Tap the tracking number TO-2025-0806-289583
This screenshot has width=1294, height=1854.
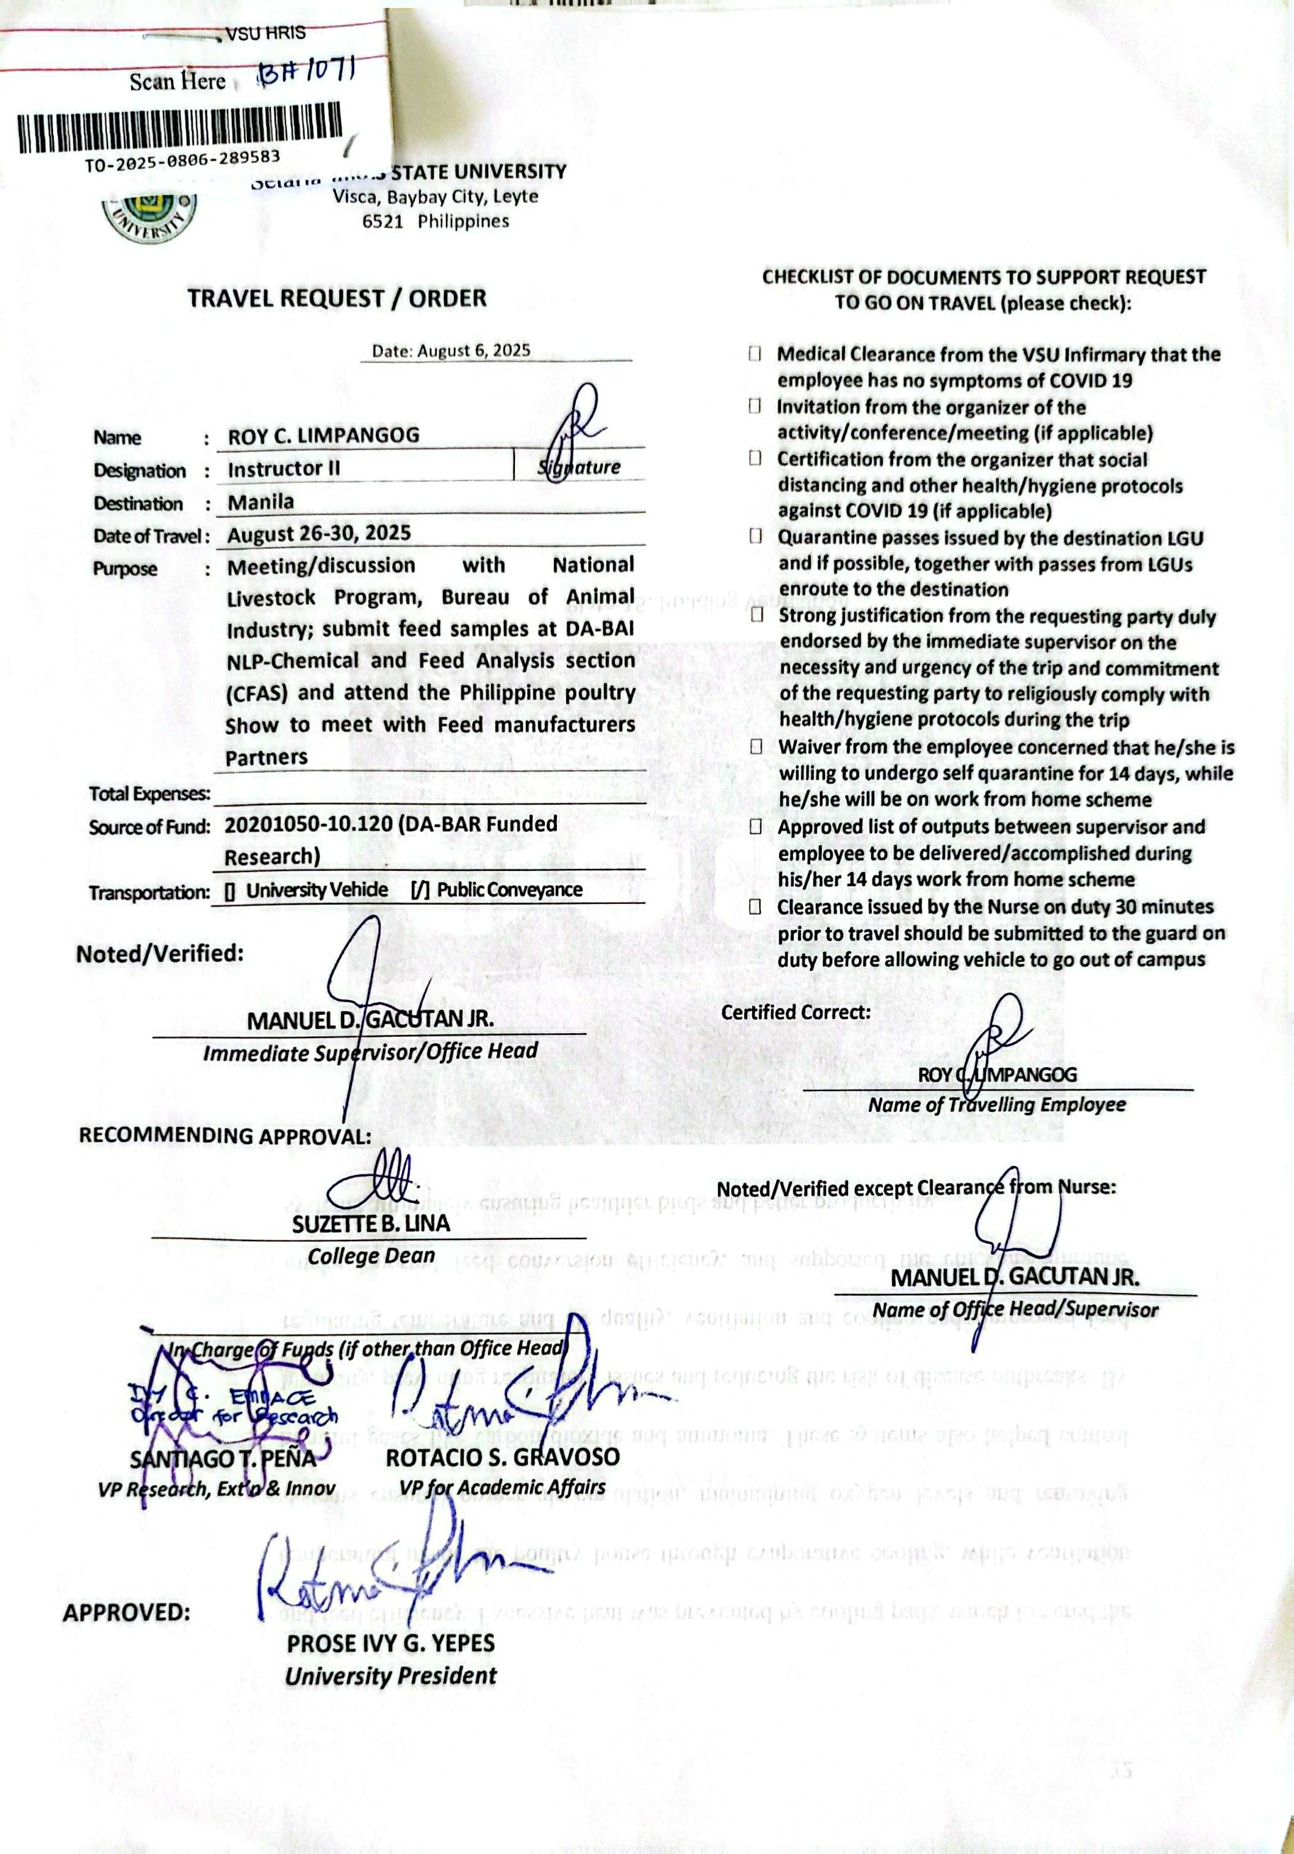[182, 160]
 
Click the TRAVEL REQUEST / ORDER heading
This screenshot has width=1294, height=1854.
[337, 298]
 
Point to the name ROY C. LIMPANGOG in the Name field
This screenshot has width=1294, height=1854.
[323, 435]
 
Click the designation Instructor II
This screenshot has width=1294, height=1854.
[284, 468]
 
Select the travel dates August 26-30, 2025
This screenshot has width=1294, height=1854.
[319, 533]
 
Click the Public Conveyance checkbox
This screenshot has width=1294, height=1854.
[420, 890]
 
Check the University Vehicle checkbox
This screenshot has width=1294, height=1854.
[230, 890]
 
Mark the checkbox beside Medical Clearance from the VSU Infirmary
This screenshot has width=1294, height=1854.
[755, 354]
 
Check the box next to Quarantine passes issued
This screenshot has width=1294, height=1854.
[755, 536]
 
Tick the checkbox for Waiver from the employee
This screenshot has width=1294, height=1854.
[756, 746]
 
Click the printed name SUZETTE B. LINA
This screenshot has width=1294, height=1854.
[371, 1223]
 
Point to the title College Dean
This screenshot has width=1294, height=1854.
[371, 1256]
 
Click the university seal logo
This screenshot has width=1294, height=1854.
[149, 212]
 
